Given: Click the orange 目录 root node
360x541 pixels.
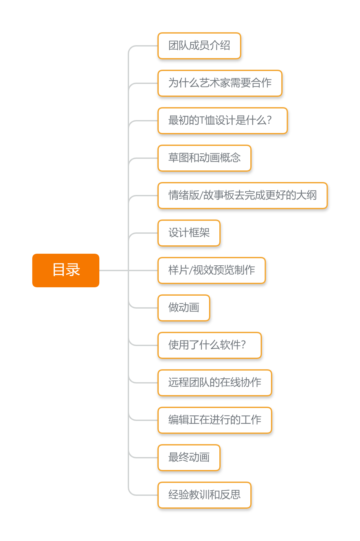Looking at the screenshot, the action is pyautogui.click(x=66, y=270).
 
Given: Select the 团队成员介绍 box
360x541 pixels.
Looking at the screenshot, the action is pyautogui.click(x=199, y=46).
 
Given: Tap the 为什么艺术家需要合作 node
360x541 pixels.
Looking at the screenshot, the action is pyautogui.click(x=220, y=83).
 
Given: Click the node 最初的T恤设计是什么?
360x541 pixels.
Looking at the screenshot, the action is pyautogui.click(x=222, y=121).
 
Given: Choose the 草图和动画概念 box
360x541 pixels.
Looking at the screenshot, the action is pyautogui.click(x=204, y=158).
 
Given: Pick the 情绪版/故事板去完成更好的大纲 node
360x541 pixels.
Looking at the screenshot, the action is pyautogui.click(x=242, y=196).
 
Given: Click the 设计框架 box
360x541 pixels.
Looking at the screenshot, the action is pyautogui.click(x=189, y=233).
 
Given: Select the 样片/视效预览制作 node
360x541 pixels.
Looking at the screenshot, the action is pyautogui.click(x=211, y=270).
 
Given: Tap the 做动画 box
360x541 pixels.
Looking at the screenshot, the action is pyautogui.click(x=184, y=308).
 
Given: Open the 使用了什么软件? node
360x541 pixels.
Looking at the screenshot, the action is pyautogui.click(x=209, y=345).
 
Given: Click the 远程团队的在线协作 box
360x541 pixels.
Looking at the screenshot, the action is pyautogui.click(x=215, y=383).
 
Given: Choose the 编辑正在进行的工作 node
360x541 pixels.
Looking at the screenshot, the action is pyautogui.click(x=215, y=420).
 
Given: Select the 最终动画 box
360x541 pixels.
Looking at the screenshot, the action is pyautogui.click(x=189, y=458).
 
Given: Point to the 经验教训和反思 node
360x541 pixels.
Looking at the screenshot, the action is pyautogui.click(x=204, y=495).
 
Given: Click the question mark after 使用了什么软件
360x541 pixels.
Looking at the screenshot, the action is pyautogui.click(x=243, y=345).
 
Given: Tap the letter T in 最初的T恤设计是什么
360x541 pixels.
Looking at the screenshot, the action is pyautogui.click(x=202, y=120).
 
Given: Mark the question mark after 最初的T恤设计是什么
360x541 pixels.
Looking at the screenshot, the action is pyautogui.click(x=269, y=120).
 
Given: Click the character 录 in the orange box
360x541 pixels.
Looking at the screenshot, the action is pyautogui.click(x=73, y=270).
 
